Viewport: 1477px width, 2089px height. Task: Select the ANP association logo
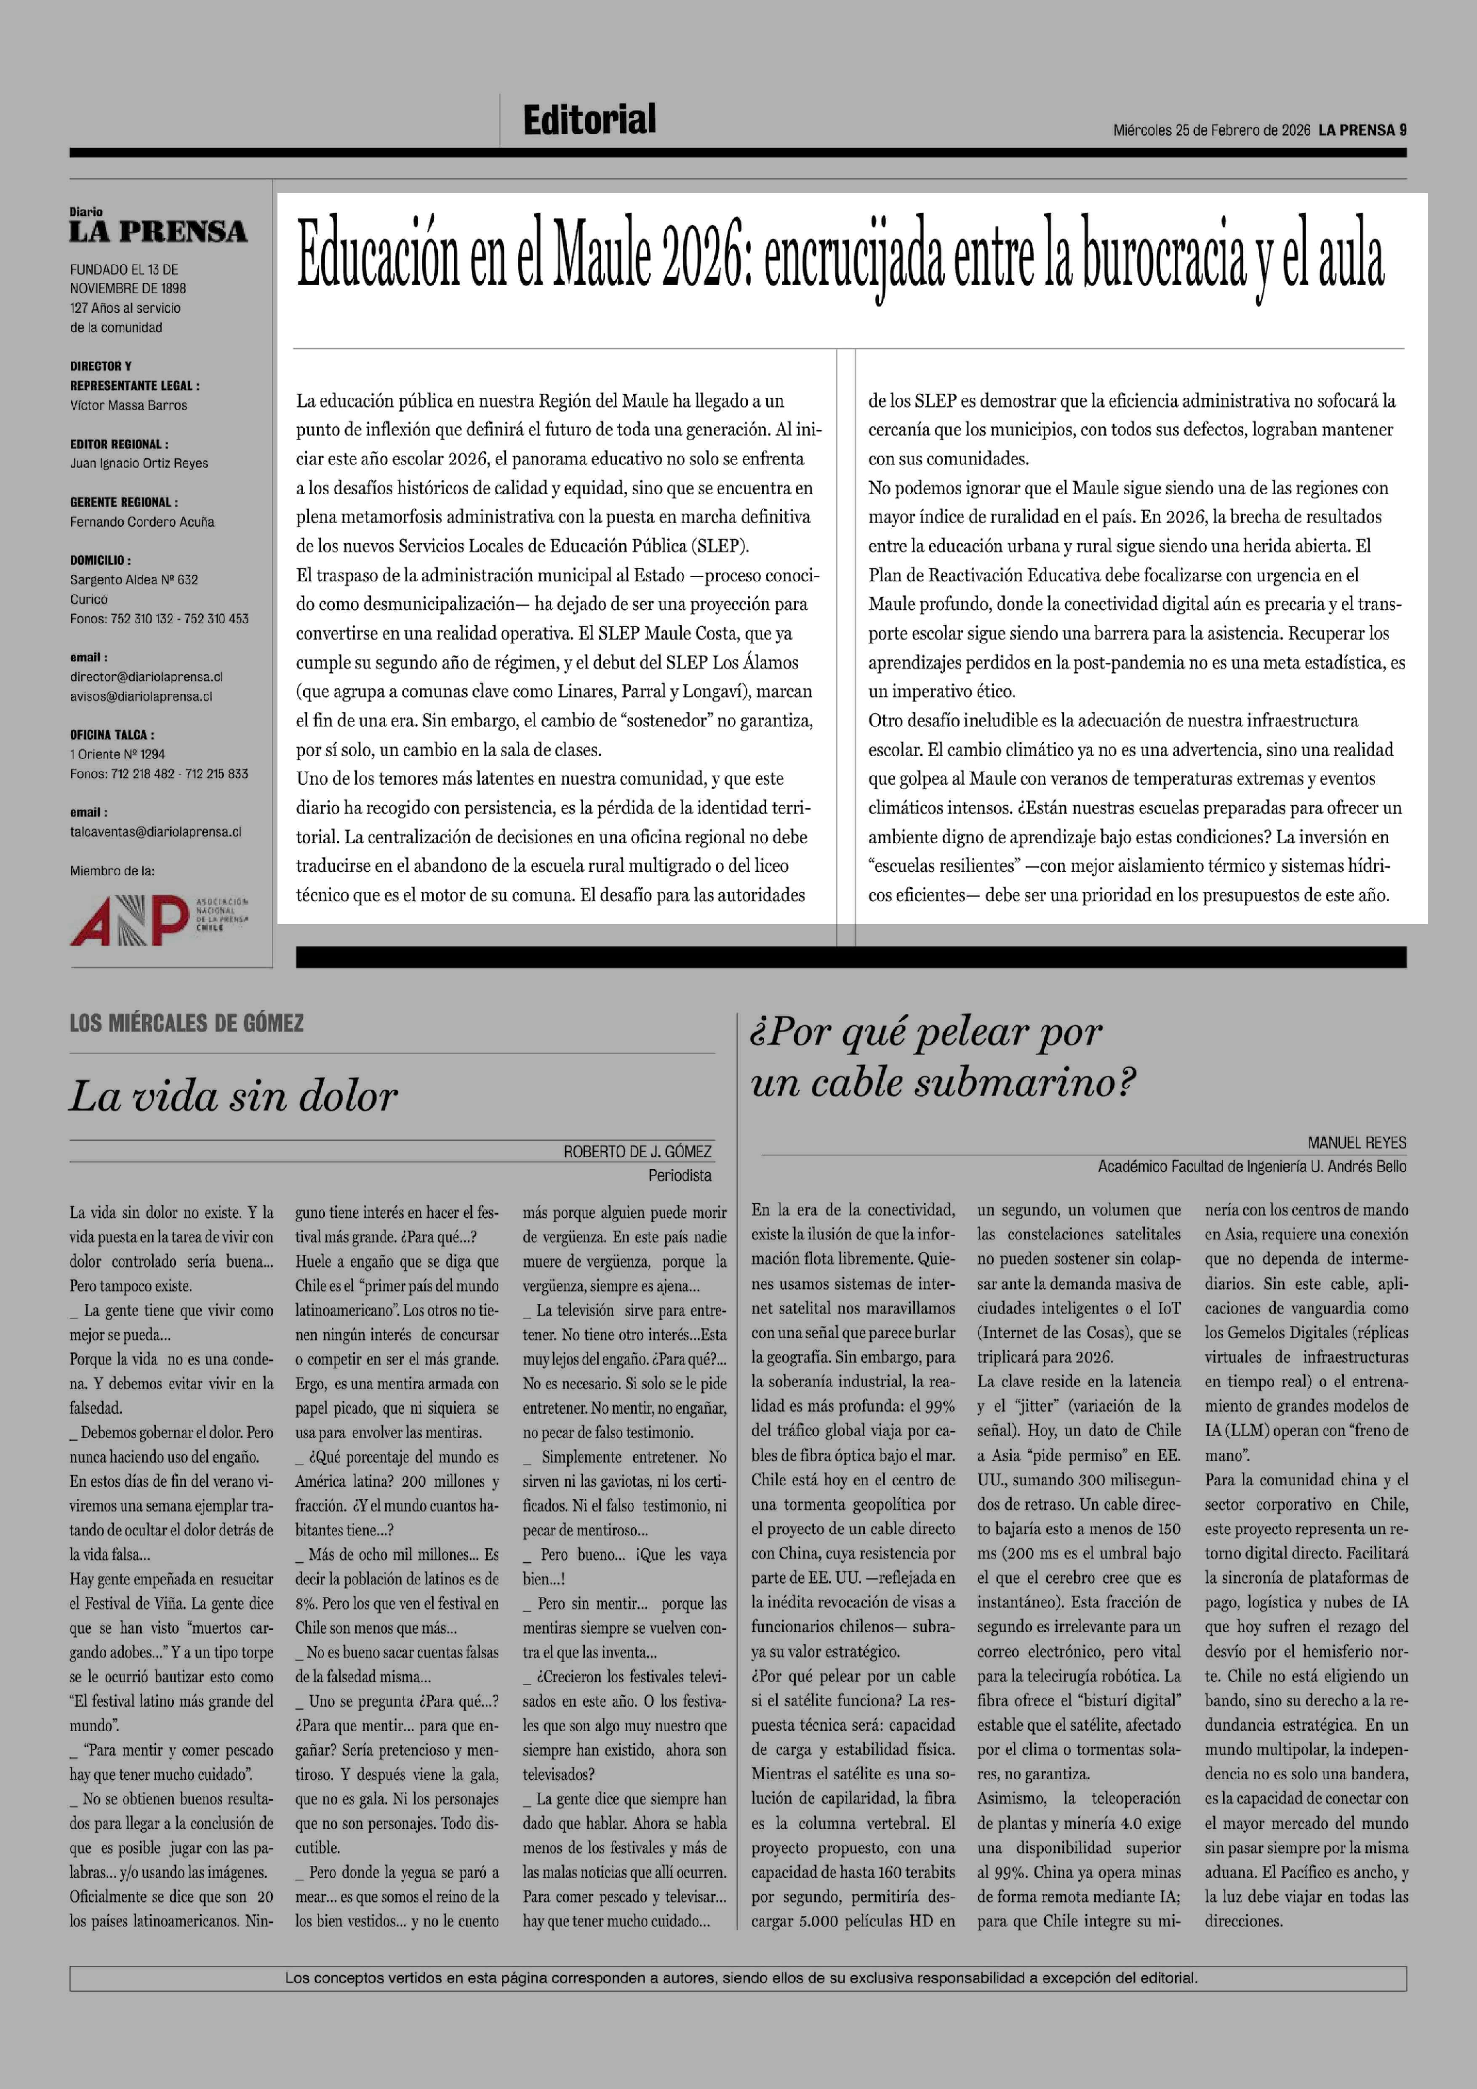[158, 919]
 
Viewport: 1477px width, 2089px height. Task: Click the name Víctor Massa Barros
[128, 406]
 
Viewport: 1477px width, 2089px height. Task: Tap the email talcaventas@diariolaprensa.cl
[156, 831]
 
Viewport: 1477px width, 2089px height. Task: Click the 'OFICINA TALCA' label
[111, 734]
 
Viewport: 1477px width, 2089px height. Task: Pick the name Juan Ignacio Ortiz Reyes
[139, 463]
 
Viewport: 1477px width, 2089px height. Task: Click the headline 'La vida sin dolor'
[233, 1096]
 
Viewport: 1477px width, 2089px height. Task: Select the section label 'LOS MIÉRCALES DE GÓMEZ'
[187, 1023]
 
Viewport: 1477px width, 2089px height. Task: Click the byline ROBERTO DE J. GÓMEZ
[637, 1152]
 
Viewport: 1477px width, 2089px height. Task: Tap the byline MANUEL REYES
[1356, 1143]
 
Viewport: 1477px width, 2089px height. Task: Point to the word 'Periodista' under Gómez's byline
[680, 1175]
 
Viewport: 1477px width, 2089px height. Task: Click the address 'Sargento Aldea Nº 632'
[134, 580]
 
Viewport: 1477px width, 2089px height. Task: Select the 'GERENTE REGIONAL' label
[124, 502]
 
